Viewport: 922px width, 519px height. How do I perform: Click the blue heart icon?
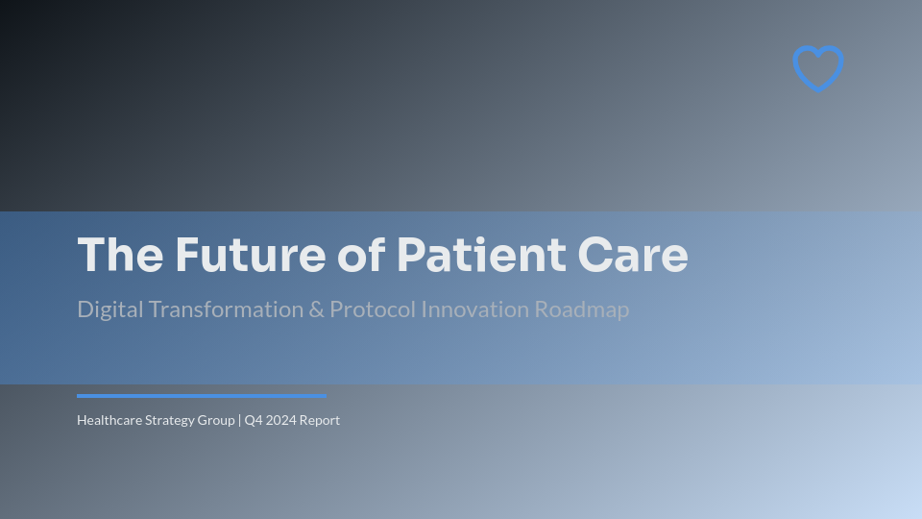[x=818, y=68]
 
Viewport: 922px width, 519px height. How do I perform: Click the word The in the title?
[x=120, y=256]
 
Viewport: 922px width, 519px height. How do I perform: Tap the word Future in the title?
[x=251, y=256]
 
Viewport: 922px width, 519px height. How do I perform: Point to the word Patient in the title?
[x=481, y=256]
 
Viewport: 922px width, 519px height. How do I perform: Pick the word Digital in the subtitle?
[x=109, y=309]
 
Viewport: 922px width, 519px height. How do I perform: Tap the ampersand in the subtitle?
[x=317, y=309]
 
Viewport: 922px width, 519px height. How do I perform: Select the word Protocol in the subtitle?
[x=373, y=309]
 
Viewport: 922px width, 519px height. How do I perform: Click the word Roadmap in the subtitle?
[x=582, y=309]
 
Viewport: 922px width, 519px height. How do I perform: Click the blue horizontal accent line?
[x=202, y=395]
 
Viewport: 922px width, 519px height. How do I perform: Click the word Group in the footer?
[x=217, y=420]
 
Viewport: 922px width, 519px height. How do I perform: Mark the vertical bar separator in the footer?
[x=240, y=420]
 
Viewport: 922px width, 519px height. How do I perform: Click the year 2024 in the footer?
[x=280, y=420]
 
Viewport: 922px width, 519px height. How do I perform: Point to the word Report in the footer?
[x=320, y=420]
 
